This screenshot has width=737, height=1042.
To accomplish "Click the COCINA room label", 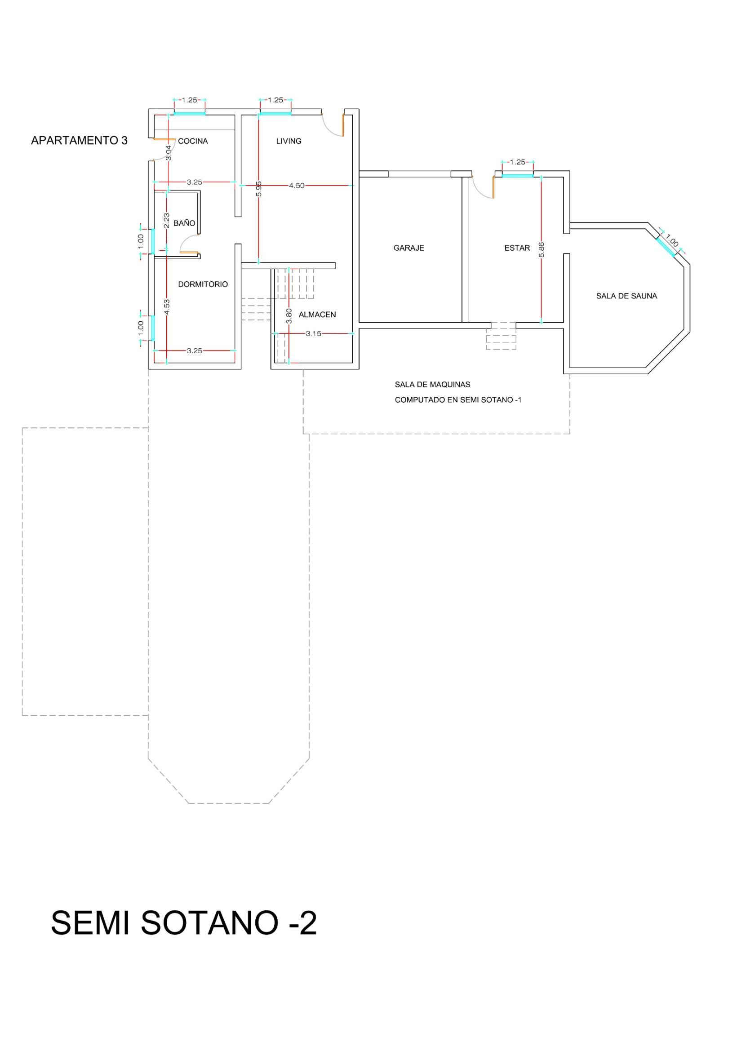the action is coord(193,141).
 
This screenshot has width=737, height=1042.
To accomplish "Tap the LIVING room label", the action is coord(289,141).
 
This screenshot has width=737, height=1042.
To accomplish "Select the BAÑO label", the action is coord(184,223).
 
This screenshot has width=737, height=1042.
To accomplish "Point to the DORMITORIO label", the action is coord(203,284).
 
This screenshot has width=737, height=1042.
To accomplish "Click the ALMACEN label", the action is coord(317,315).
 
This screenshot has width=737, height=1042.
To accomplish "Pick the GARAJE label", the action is coord(409,248).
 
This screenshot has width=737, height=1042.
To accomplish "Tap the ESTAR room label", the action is coord(517,248).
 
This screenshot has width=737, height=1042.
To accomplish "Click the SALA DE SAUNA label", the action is coord(627,297).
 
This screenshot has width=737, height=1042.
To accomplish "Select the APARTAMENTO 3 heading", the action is coord(80,141).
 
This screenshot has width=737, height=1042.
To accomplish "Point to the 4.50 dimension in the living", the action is coord(297,186).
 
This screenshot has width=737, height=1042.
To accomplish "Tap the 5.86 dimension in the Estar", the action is coord(541,250).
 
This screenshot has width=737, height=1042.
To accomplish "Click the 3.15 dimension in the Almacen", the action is coord(313,333).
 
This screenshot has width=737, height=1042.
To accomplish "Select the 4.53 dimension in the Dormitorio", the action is coord(167,307).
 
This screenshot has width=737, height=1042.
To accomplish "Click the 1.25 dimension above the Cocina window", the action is coord(190,100).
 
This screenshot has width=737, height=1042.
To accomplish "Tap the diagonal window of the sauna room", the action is coord(666,246).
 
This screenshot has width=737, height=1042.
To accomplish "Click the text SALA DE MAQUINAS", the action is coord(432,384).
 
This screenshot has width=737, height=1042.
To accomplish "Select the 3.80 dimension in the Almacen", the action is coord(289,316).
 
